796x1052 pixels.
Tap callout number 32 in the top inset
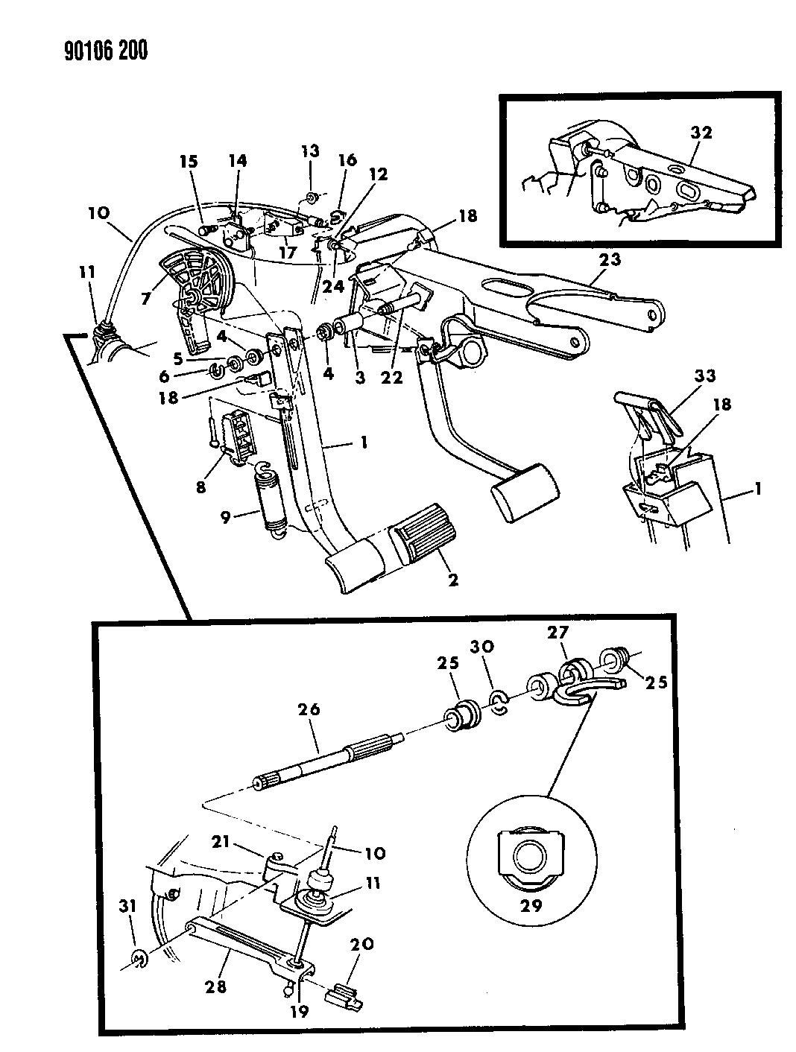click(x=701, y=133)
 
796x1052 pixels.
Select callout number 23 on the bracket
click(x=609, y=259)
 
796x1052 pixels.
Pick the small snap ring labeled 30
click(x=499, y=701)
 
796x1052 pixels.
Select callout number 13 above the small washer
click(x=310, y=152)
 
